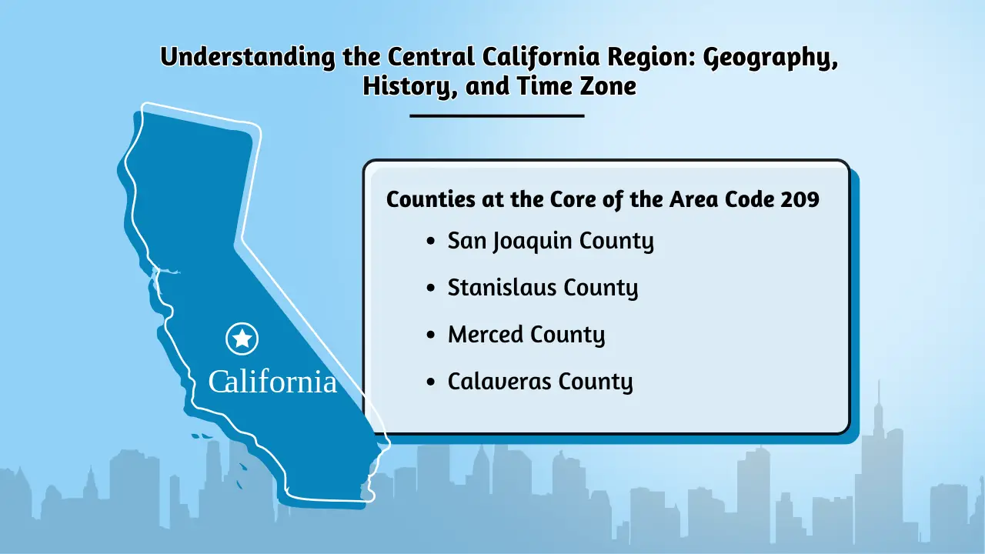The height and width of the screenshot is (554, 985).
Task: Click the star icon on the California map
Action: click(x=242, y=338)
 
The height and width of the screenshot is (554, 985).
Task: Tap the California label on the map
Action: click(x=272, y=382)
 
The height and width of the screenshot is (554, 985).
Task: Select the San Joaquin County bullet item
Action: click(x=550, y=242)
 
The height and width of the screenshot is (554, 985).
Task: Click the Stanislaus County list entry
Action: click(x=543, y=289)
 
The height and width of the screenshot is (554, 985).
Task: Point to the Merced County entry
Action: click(x=526, y=335)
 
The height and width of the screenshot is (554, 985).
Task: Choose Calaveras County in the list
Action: click(x=540, y=382)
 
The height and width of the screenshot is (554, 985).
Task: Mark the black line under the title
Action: click(x=497, y=116)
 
